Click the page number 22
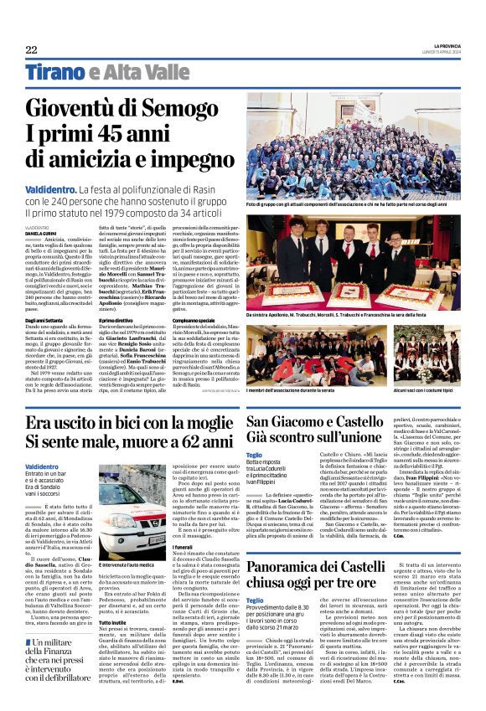31,50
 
